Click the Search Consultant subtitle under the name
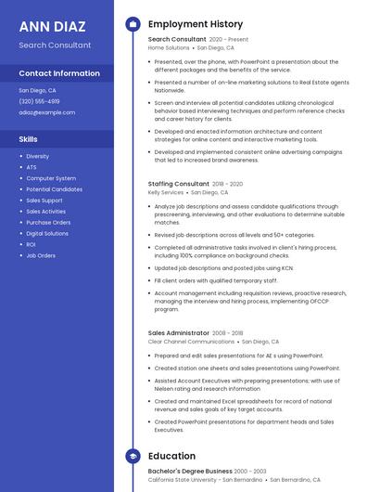[x=55, y=45]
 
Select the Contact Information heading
[x=59, y=73]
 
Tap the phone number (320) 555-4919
[x=39, y=101]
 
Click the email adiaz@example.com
[x=46, y=112]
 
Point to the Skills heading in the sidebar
[x=29, y=138]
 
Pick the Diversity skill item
[x=38, y=156]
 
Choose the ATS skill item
[x=32, y=167]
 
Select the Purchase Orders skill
[x=48, y=222]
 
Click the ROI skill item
[x=32, y=244]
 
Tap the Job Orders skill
[x=41, y=255]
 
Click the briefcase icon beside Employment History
[x=133, y=24]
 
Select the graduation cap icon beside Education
[x=133, y=456]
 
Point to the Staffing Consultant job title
[x=179, y=184]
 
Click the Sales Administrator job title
[x=179, y=332]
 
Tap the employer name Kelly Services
[x=166, y=192]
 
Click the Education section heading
[x=171, y=456]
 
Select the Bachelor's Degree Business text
[x=190, y=472]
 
